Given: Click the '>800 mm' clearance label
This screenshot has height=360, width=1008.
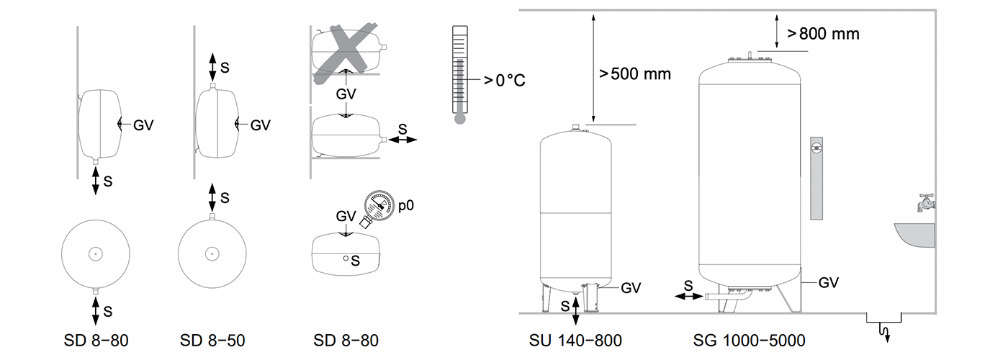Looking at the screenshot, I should pos(824,33).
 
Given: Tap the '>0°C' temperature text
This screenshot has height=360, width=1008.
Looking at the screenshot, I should pos(504,79).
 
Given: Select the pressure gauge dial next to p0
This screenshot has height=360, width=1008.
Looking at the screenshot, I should pos(379,205).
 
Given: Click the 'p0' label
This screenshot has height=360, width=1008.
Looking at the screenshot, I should pos(406,205).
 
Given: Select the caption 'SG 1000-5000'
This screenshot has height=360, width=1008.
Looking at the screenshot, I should pos(749,340).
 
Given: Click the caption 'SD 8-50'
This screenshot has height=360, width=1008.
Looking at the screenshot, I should pos(212,340).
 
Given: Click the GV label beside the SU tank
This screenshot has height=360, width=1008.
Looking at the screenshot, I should pos(631,288).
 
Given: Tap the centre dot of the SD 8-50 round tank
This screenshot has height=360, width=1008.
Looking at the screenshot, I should pos(212,253).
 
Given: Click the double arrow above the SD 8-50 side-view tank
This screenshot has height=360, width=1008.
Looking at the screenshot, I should pos(212,66).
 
